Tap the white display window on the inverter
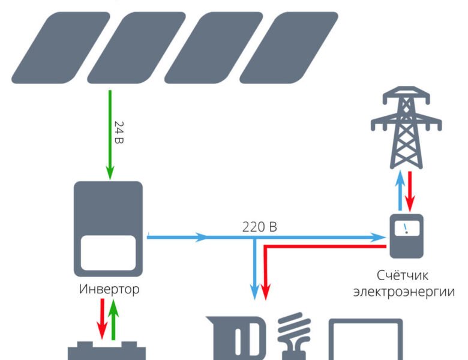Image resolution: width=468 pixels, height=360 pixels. coord(108,253)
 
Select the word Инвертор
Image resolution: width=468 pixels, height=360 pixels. coord(109,289)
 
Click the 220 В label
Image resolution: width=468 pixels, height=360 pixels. coord(260,227)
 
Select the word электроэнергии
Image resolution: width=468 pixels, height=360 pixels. coord(403,292)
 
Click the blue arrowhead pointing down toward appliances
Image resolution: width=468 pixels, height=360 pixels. coord(256,291)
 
